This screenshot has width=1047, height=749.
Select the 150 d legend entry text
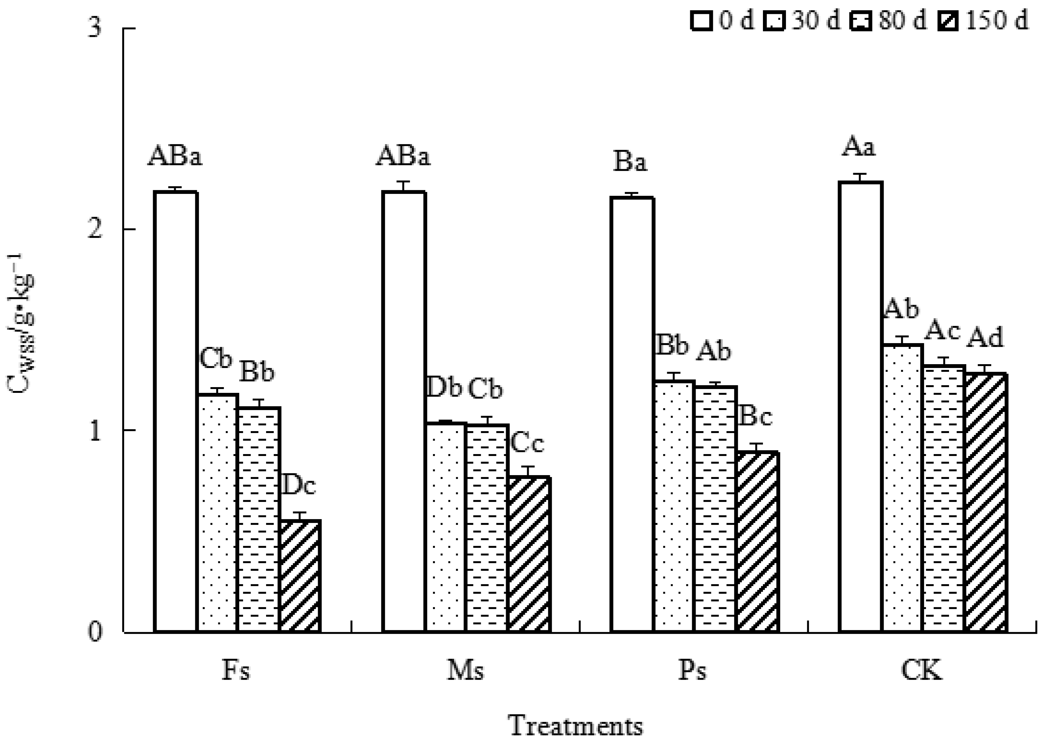pyautogui.click(x=997, y=20)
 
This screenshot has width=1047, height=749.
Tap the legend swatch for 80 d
pyautogui.click(x=861, y=21)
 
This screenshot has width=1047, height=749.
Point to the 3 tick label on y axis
pyautogui.click(x=95, y=29)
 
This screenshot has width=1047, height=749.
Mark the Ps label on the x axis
pyautogui.click(x=692, y=671)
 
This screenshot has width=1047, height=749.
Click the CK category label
pyautogui.click(x=921, y=671)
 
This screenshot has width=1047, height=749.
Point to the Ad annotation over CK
pyautogui.click(x=985, y=338)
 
